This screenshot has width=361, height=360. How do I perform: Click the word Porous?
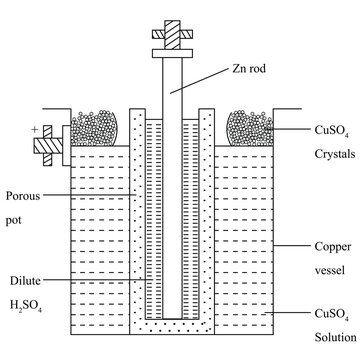[x=23, y=196]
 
